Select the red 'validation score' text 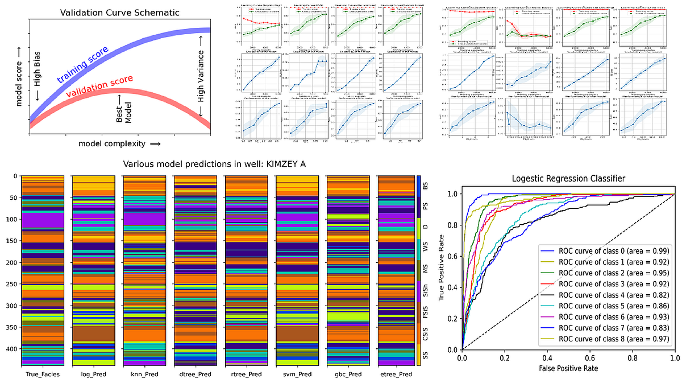tap(100, 86)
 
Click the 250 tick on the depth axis tap(12, 284)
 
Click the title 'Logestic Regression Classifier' tap(568, 179)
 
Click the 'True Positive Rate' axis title tap(443, 271)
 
